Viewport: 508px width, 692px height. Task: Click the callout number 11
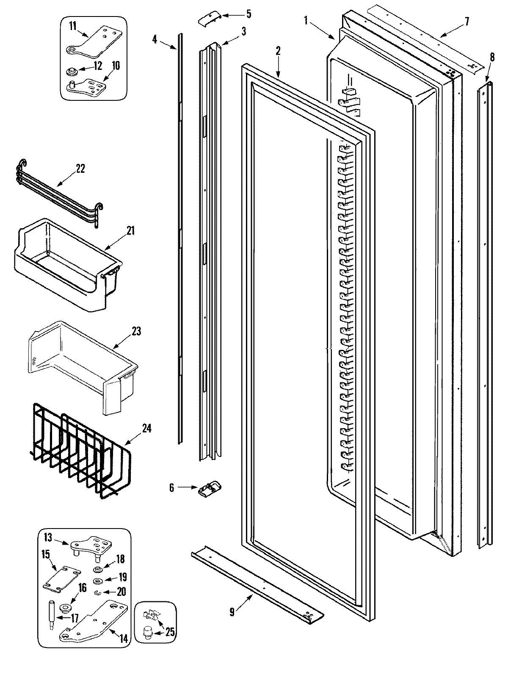tap(72, 26)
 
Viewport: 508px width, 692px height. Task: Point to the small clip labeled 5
tap(209, 18)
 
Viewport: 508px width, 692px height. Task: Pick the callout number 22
tap(80, 169)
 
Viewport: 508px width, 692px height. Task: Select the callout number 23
tap(136, 331)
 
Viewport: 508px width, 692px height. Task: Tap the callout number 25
tap(170, 632)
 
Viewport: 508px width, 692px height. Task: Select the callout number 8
tap(491, 57)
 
